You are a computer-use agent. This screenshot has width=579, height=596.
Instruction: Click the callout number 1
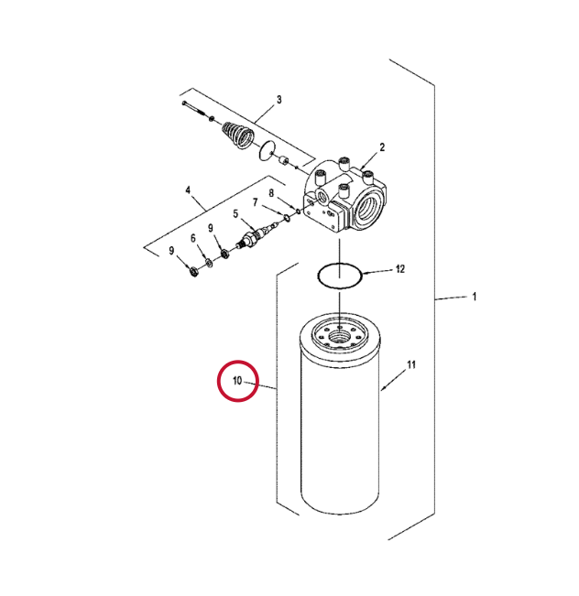click(474, 297)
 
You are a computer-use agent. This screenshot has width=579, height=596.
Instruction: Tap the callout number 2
click(382, 147)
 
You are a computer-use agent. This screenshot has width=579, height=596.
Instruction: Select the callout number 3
click(279, 100)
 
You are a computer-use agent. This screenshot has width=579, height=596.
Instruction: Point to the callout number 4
click(188, 190)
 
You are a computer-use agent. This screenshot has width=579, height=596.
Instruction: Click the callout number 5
click(235, 214)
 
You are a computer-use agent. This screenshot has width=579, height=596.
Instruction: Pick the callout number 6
click(193, 238)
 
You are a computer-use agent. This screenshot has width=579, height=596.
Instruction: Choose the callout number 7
click(255, 202)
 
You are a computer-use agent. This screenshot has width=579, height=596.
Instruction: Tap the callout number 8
click(271, 193)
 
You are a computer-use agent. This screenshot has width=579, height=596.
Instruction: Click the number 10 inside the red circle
click(237, 381)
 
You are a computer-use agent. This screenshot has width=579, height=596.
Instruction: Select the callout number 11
click(411, 365)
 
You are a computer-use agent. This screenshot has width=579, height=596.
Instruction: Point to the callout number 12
click(399, 269)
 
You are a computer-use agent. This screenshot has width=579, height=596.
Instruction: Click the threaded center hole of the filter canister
click(339, 336)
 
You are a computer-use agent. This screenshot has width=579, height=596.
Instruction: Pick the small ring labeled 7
click(285, 217)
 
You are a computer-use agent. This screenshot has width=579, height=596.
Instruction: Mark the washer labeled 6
click(209, 262)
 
